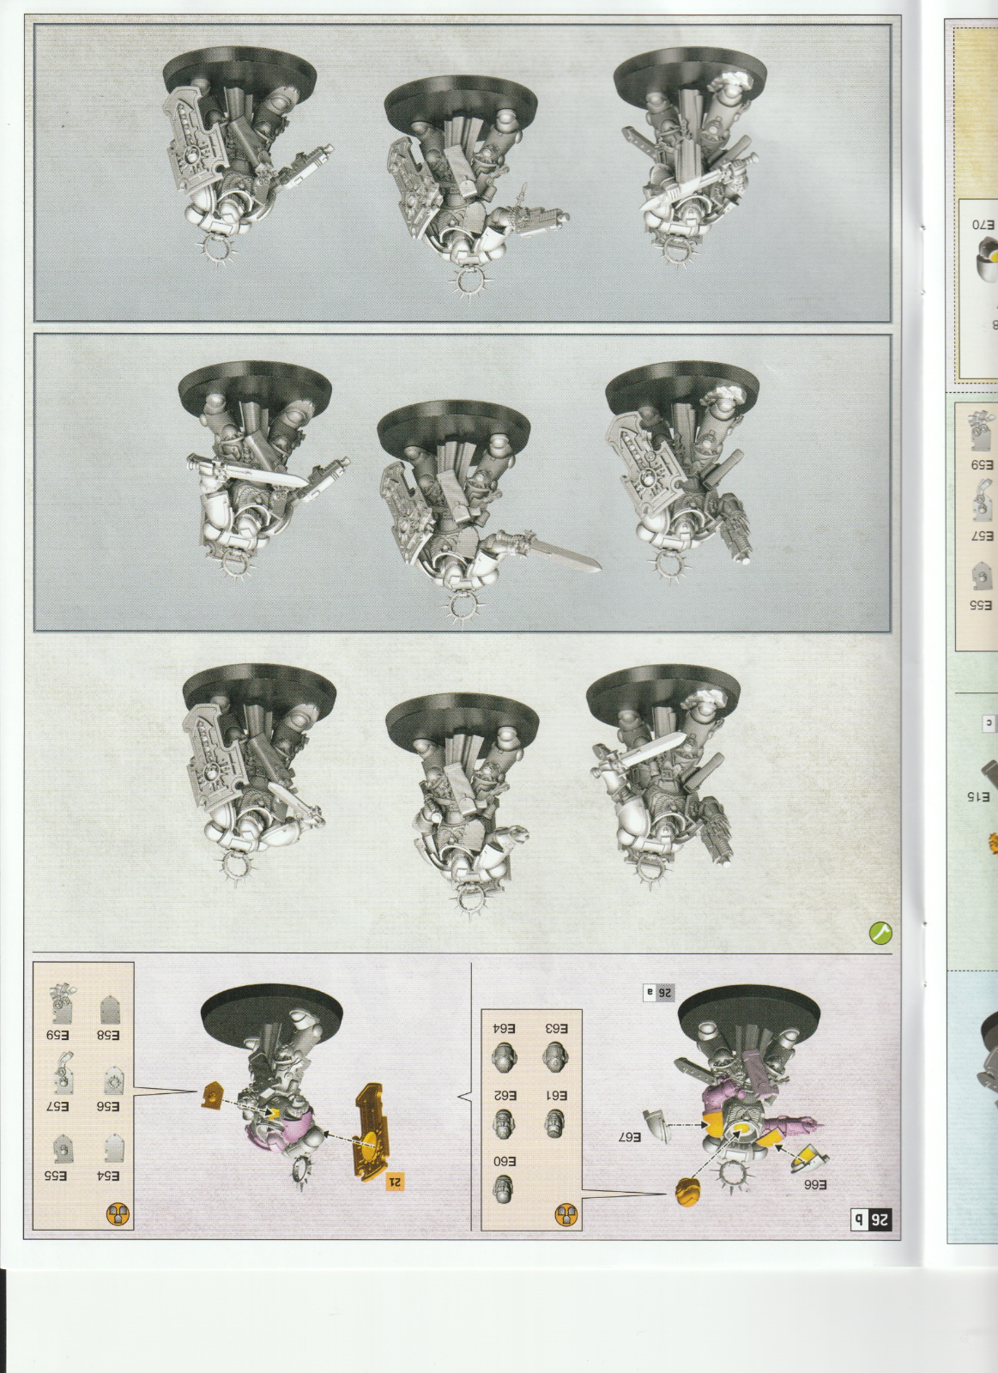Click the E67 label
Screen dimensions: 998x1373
click(x=628, y=1138)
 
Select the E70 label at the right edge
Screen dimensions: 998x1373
click(x=984, y=226)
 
